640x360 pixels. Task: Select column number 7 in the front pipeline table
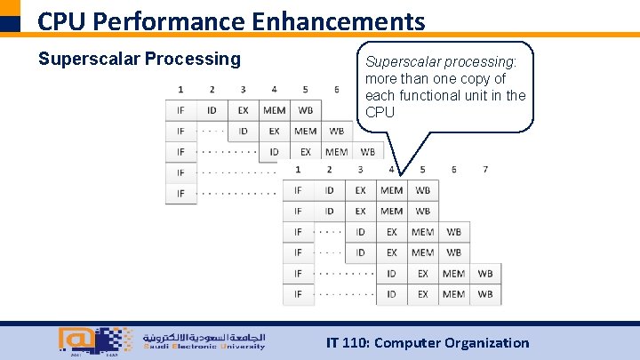pyautogui.click(x=484, y=169)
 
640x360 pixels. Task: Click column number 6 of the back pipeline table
pyautogui.click(x=336, y=90)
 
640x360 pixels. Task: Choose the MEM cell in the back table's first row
pyautogui.click(x=274, y=110)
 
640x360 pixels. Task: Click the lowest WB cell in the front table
pyautogui.click(x=484, y=294)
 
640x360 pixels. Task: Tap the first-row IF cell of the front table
pyautogui.click(x=298, y=190)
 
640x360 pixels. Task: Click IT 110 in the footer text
pyautogui.click(x=348, y=342)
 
